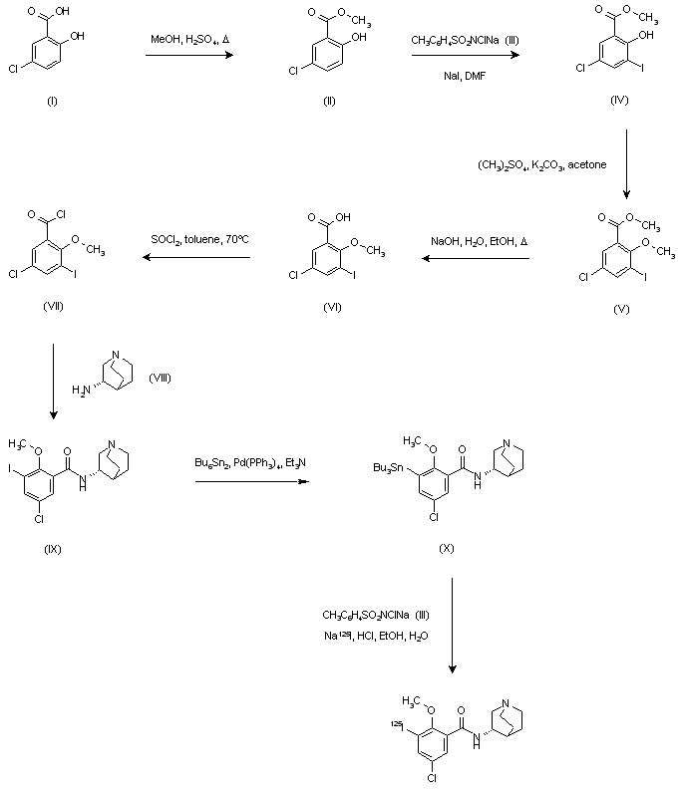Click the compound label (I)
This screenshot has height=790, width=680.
click(x=52, y=102)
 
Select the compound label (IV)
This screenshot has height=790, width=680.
click(x=619, y=100)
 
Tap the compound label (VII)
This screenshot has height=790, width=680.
click(x=54, y=306)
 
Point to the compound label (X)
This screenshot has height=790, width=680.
click(x=447, y=548)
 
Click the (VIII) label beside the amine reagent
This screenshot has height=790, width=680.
click(x=160, y=378)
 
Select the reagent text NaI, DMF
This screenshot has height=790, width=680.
click(x=465, y=76)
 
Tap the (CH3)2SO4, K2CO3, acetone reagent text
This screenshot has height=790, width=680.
click(x=541, y=164)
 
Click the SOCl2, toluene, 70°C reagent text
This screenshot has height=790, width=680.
click(x=199, y=239)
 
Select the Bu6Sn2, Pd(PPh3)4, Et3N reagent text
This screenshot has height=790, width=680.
click(x=250, y=462)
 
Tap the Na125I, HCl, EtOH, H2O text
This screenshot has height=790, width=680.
click(x=376, y=636)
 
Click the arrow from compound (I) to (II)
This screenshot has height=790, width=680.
click(x=189, y=55)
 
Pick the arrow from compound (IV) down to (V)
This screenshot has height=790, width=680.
click(x=626, y=164)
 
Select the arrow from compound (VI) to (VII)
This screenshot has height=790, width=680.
click(x=196, y=257)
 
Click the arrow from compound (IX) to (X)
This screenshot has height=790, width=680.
click(x=252, y=481)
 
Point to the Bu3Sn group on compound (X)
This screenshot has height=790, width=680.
click(x=388, y=468)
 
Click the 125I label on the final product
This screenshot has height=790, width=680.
click(x=397, y=726)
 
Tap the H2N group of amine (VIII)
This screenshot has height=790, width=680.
click(x=81, y=390)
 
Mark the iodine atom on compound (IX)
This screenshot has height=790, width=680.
click(x=10, y=469)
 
